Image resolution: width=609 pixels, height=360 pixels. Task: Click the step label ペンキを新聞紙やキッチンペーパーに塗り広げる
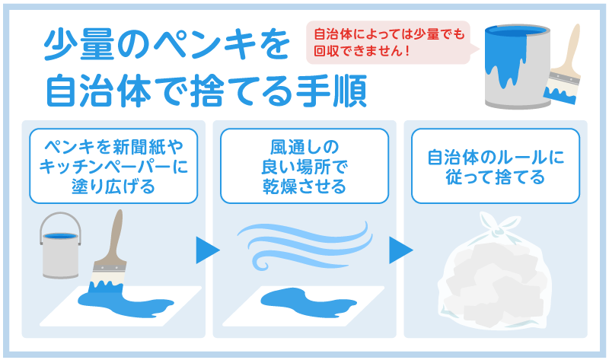(x=113, y=165)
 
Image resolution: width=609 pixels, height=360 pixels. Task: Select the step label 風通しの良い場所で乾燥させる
(x=304, y=165)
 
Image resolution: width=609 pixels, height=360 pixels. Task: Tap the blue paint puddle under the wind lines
(x=304, y=296)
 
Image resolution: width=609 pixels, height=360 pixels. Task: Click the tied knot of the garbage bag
(x=496, y=225)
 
